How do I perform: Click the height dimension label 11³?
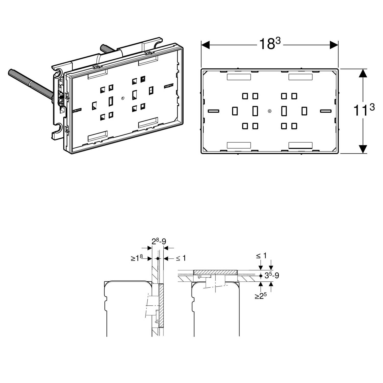[364, 110]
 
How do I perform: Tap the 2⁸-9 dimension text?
[159, 241]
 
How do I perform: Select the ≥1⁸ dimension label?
[137, 258]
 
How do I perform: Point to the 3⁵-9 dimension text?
[272, 276]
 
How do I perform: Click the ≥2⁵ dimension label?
[260, 296]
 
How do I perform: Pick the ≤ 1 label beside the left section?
[181, 258]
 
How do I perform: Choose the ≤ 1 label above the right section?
[261, 255]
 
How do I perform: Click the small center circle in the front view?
[270, 111]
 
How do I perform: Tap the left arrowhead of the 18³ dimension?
[205, 45]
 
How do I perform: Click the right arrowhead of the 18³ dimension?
[334, 45]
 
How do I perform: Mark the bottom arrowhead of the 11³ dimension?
[363, 149]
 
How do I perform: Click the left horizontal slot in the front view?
[214, 111]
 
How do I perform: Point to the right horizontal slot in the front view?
[326, 111]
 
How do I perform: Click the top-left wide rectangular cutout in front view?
[239, 77]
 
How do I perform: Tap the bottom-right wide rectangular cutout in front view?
[301, 145]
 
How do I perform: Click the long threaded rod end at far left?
[11, 72]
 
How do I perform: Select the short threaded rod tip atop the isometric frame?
[103, 47]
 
